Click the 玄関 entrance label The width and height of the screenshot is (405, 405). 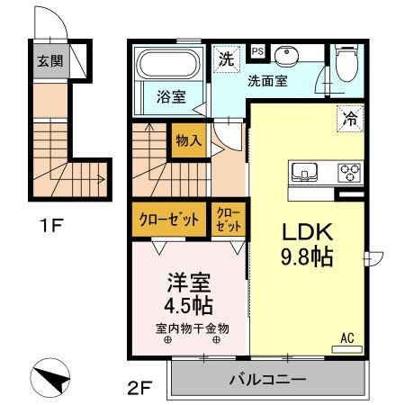click(x=50, y=61)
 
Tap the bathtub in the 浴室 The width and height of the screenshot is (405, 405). click(x=167, y=64)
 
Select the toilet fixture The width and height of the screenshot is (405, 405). click(x=346, y=62)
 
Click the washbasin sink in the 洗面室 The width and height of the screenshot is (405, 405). click(x=286, y=56)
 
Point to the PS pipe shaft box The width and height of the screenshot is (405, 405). click(x=257, y=51)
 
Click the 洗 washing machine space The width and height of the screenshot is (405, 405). click(x=227, y=59)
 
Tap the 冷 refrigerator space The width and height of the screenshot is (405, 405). click(x=350, y=119)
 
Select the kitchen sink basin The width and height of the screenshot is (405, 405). click(x=304, y=172)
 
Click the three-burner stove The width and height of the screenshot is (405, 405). click(x=349, y=173)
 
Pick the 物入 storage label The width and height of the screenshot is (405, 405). click(x=189, y=140)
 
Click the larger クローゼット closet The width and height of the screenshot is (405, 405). click(x=169, y=220)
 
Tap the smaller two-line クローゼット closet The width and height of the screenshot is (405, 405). click(x=229, y=220)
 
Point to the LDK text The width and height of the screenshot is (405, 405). click(x=307, y=231)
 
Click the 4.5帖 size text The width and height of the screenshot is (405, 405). click(x=188, y=305)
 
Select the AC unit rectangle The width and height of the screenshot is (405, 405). click(x=346, y=349)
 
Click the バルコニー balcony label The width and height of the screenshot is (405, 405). click(x=268, y=380)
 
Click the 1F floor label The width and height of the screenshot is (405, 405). click(x=51, y=225)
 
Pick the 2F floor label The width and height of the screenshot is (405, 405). click(x=139, y=388)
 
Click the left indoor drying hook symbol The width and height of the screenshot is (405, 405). click(x=167, y=340)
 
